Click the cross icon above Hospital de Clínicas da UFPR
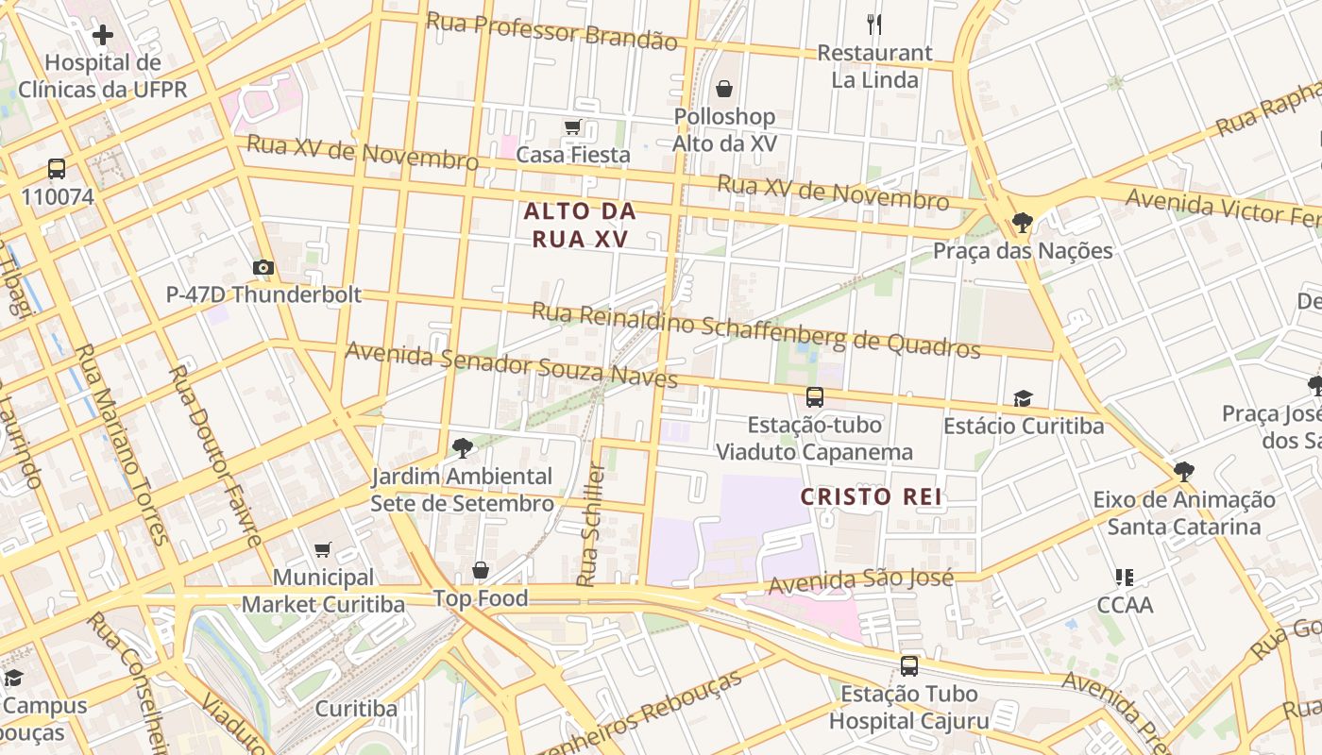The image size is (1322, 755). coord(103,36)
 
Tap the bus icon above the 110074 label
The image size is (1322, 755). coord(57,170)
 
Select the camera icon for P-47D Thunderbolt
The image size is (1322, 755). coord(263,268)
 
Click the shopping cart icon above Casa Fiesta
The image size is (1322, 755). coord(572,127)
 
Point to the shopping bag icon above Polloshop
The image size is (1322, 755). coord(724,90)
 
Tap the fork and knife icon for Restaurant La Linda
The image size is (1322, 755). coord(874,25)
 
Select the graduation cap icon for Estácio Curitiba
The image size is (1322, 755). coord(1023,399)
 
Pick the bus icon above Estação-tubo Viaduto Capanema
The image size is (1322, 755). coord(814,397)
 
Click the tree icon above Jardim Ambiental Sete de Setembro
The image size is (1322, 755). coord(462,447)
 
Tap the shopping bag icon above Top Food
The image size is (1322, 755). coord(481,571)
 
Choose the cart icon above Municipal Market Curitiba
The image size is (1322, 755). coord(323,549)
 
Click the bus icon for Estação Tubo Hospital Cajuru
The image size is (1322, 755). coord(908,666)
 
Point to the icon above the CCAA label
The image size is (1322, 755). coord(1124,577)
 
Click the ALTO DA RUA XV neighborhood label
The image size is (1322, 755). coord(580,225)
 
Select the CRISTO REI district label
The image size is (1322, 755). coord(872,496)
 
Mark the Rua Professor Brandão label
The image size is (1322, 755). coord(551,31)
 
